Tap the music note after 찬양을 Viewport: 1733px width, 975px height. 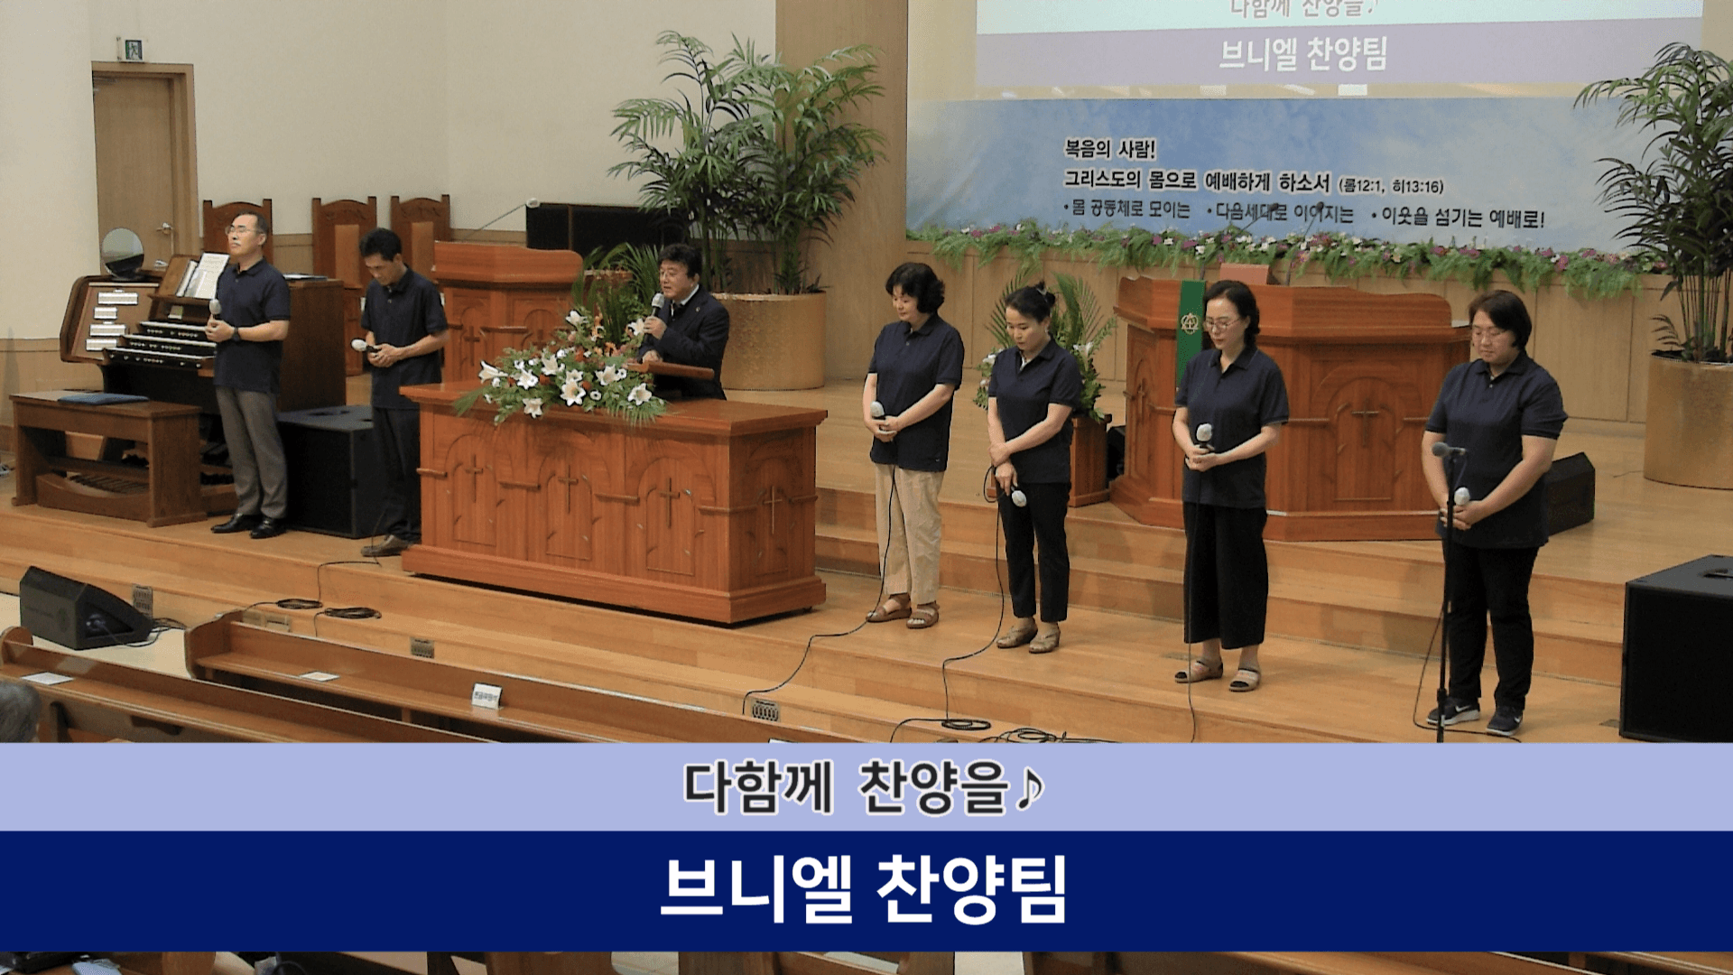[1030, 787]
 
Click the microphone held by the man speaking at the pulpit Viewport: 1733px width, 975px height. [657, 305]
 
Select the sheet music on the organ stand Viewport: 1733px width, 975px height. [205, 274]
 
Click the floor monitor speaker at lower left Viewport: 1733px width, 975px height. [81, 609]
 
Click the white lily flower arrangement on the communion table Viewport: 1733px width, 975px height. [564, 375]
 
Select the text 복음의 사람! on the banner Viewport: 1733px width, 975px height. [1109, 149]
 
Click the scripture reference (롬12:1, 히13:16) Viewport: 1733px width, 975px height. [1391, 187]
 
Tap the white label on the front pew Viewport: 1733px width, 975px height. [486, 695]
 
